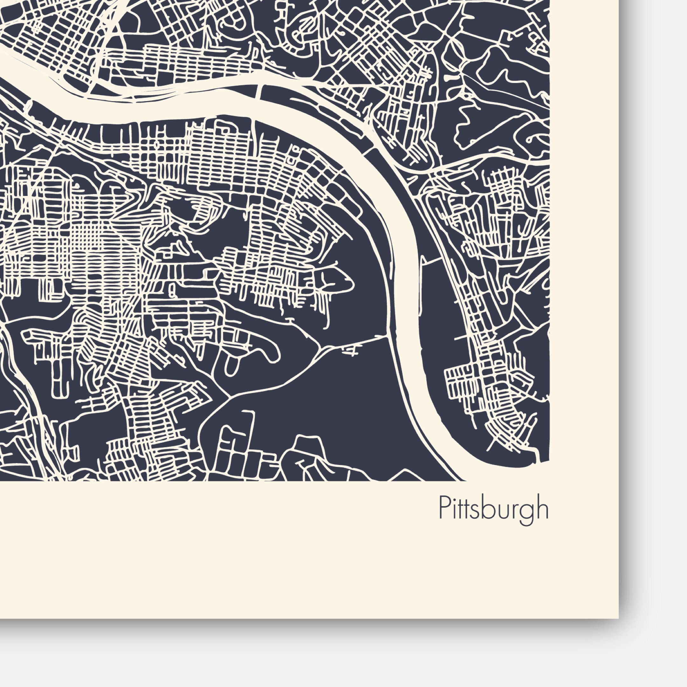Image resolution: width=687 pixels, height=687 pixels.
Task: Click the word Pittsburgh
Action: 494,509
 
